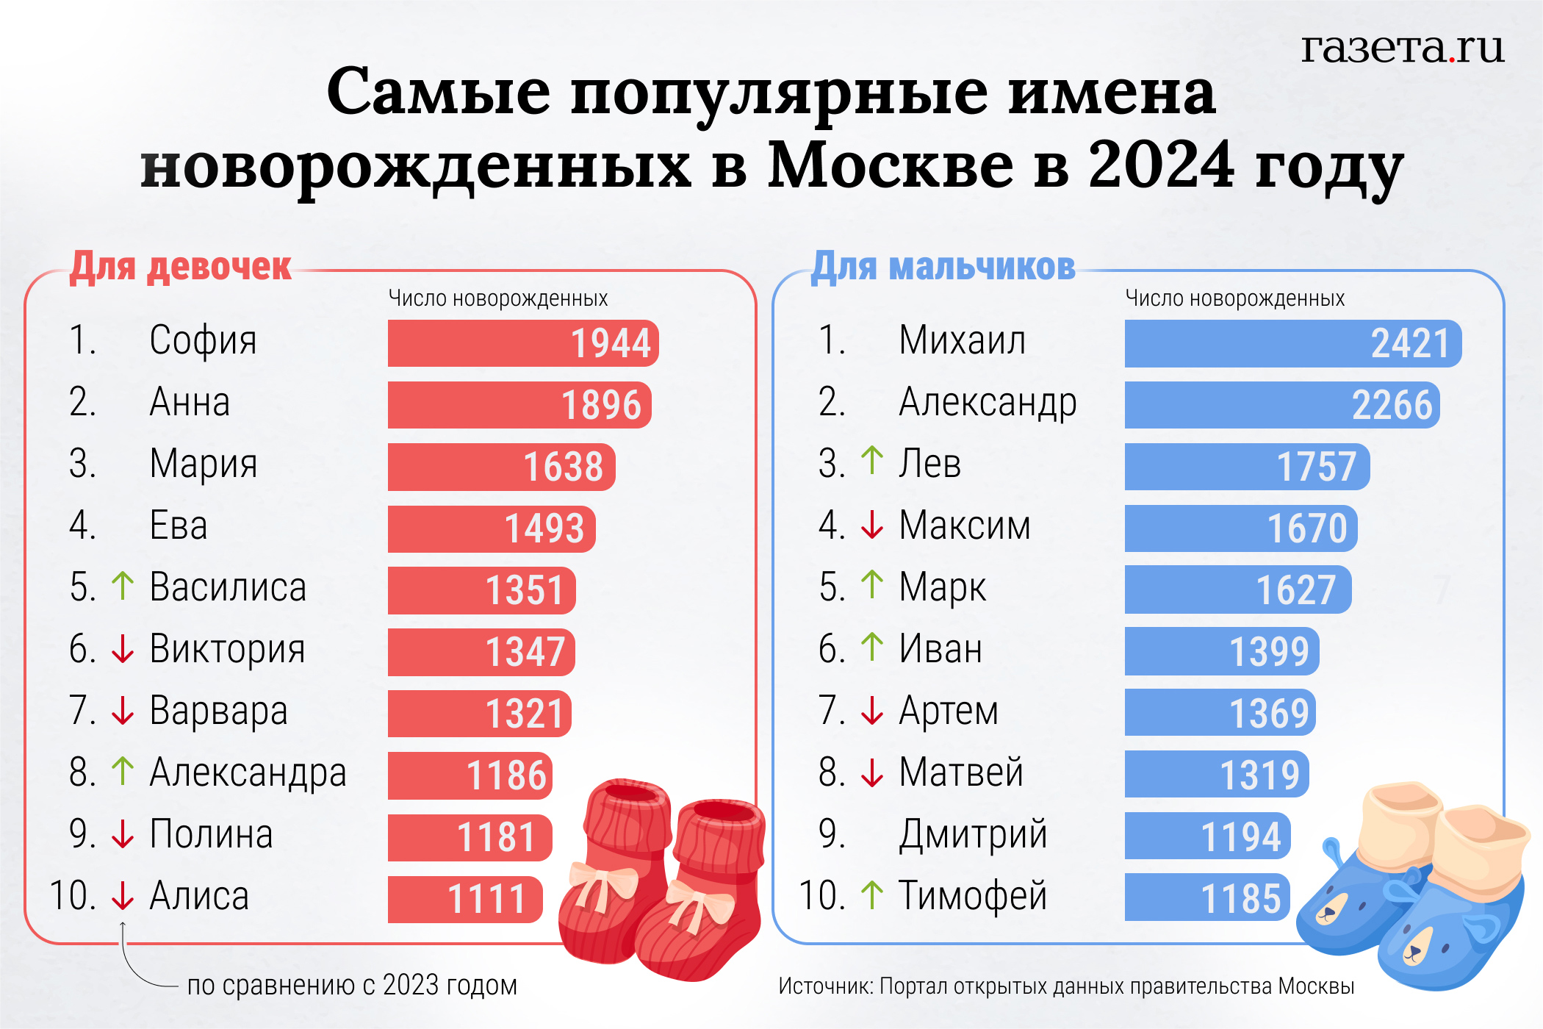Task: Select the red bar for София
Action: pos(522,343)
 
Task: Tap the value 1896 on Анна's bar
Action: pos(601,405)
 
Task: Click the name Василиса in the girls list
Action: pos(228,587)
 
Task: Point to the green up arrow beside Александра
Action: pos(123,771)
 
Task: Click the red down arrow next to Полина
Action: pos(123,834)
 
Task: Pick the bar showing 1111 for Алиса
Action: pos(465,899)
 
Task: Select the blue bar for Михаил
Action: pos(1292,343)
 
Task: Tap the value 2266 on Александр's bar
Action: pos(1392,405)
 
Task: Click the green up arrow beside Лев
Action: pos(872,461)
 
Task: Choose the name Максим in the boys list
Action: pos(964,526)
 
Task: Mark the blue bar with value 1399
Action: pos(1221,651)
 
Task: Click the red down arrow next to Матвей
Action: pos(872,772)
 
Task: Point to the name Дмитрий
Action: pos(973,834)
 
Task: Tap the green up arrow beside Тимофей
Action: pos(872,894)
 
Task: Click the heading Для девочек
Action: pos(181,266)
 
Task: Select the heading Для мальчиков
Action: pos(943,266)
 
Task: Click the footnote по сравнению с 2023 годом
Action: pos(352,986)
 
